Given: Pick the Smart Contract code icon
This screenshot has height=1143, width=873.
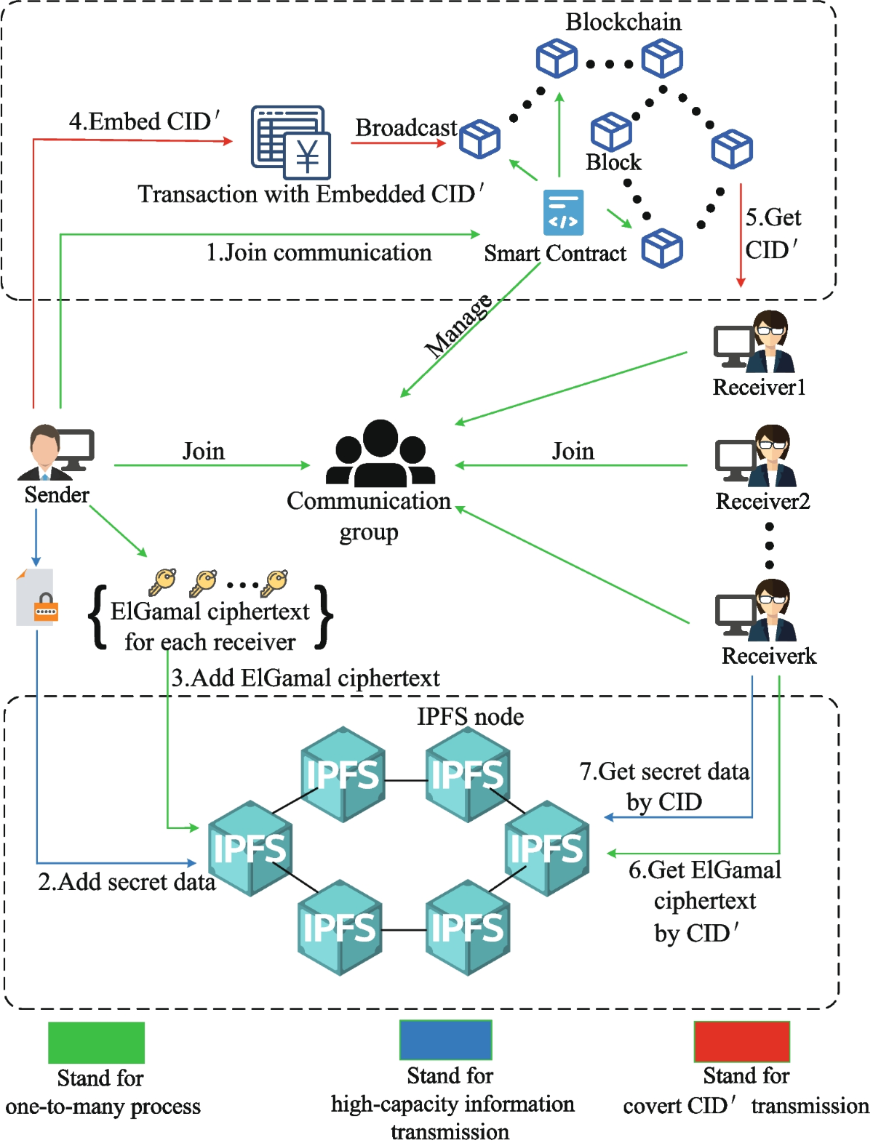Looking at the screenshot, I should pos(563,213).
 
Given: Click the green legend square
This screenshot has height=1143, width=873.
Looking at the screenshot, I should pos(96,1042).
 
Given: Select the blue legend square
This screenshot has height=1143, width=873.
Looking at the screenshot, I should pos(445,1040).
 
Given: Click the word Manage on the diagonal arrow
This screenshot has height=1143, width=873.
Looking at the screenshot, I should pos(458,326).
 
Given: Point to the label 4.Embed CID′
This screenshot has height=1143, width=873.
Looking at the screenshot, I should pos(144,121).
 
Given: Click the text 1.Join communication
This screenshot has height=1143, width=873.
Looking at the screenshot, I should pos(319,252).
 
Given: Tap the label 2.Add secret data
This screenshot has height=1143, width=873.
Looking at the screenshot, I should pos(127,882).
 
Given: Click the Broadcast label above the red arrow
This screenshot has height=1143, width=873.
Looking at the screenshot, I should pos(406,127).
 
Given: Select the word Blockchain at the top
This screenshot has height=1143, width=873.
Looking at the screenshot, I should pos(623,22).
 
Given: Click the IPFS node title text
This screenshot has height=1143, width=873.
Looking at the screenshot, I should pos(470,717).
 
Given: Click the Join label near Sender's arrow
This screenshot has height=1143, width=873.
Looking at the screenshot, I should pos(203,451).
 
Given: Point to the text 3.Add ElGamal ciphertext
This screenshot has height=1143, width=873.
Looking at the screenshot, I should pos(306,678).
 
